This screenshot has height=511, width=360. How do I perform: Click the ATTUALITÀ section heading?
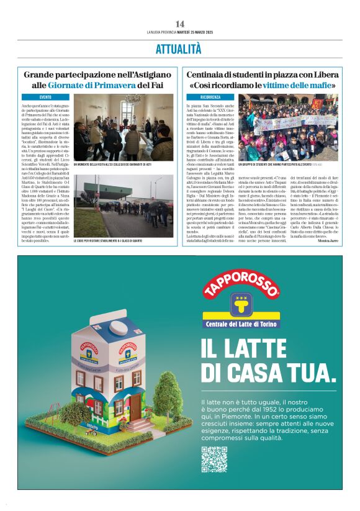[179, 48]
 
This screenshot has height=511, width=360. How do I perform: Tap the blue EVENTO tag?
[45, 97]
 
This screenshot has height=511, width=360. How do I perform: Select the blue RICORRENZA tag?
[211, 97]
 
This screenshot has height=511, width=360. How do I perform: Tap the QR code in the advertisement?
[214, 459]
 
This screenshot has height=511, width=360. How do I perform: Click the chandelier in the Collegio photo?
[132, 99]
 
